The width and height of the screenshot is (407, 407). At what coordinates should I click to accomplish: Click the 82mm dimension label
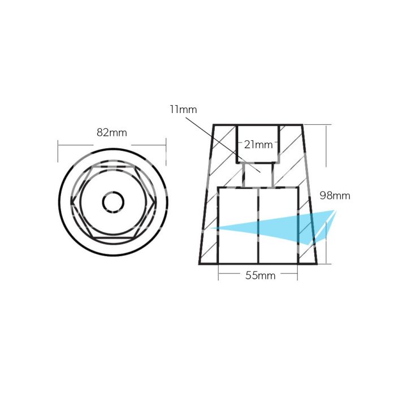(111, 133)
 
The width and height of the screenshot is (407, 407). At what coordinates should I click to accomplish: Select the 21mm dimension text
(258, 145)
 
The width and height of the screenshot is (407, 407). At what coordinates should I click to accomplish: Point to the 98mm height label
(335, 196)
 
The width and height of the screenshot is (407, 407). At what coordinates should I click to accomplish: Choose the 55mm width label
(258, 276)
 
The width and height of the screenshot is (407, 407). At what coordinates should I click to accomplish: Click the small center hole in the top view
(112, 201)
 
